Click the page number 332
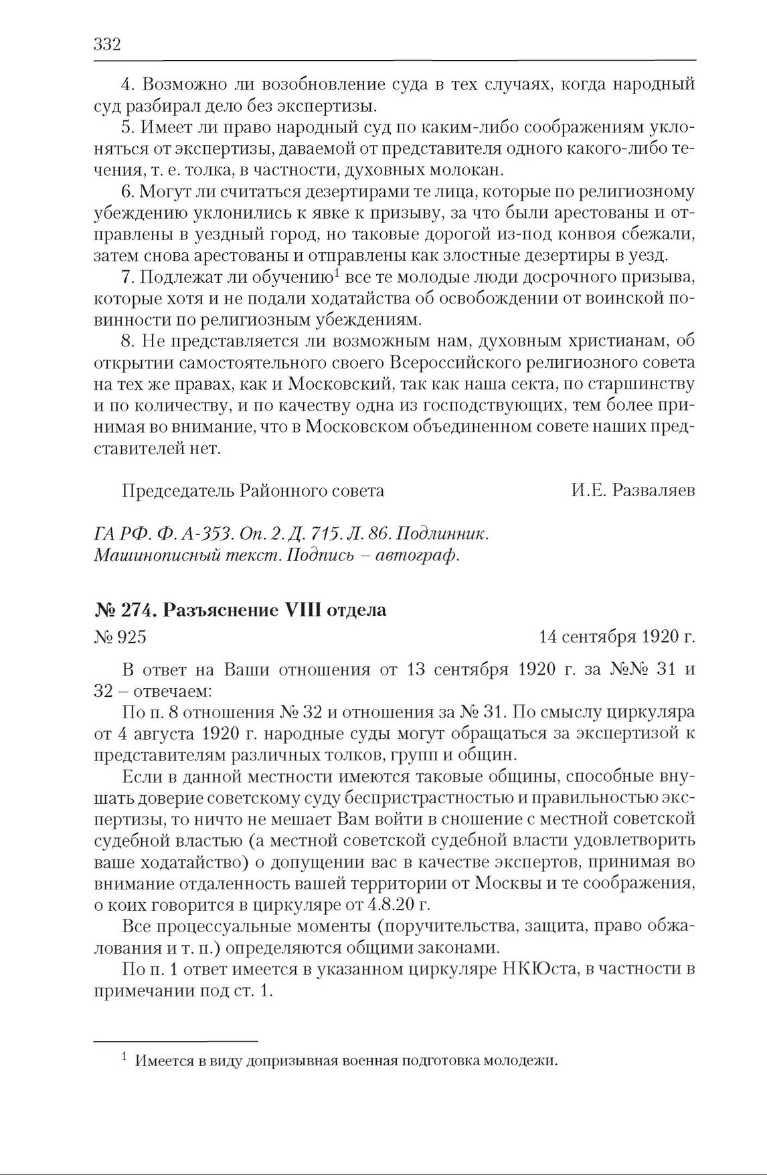pos(106,45)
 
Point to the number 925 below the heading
pos(131,637)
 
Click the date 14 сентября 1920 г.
pos(616,637)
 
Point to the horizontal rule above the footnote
pos(175,1041)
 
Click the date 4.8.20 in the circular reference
pos(389,905)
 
